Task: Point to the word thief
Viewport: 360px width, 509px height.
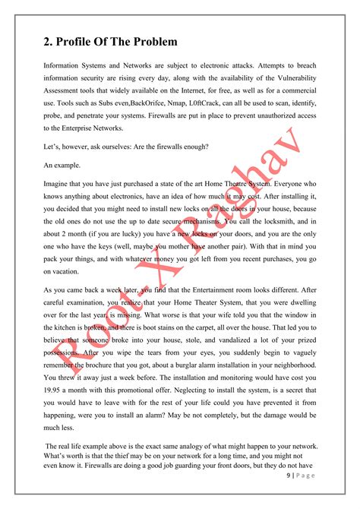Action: tap(123, 475)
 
